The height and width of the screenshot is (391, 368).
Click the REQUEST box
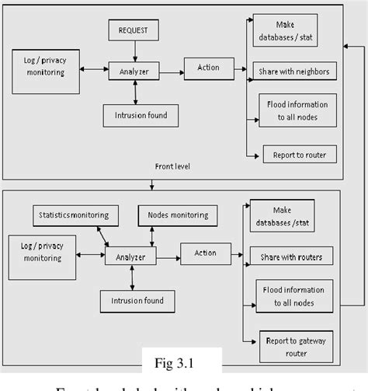[134, 32]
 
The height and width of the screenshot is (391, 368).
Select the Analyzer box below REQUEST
[135, 72]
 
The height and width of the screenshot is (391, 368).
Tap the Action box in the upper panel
[208, 68]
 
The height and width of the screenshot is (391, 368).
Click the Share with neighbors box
[293, 72]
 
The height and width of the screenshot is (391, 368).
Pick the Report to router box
[300, 154]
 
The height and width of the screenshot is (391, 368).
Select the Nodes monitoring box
[177, 214]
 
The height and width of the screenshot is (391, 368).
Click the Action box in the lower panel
[205, 253]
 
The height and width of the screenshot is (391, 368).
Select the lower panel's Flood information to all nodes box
[294, 295]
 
